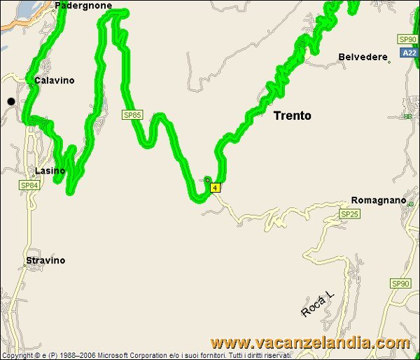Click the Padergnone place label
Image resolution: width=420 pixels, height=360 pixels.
point(83,5)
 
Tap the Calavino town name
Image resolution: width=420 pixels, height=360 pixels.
point(54,81)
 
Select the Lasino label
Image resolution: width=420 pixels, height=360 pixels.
point(50,171)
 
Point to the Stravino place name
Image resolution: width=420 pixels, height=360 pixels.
point(45,261)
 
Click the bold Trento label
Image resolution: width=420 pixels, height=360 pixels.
point(293,116)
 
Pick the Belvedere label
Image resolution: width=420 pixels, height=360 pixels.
point(362,57)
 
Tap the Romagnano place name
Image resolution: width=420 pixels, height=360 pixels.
point(378,200)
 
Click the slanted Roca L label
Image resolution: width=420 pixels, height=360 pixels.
point(318,303)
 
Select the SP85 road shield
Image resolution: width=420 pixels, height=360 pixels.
point(132,114)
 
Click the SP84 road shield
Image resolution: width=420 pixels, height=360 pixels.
point(29,186)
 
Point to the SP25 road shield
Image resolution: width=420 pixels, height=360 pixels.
point(349,213)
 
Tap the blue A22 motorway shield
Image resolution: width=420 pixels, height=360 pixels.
point(409,53)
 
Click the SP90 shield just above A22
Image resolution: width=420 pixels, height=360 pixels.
point(407,39)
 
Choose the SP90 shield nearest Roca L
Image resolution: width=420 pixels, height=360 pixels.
point(400,284)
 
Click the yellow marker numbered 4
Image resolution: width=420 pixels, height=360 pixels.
point(215,187)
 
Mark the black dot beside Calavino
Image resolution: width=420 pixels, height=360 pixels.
point(11,102)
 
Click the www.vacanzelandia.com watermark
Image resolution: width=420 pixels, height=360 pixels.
point(310,343)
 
